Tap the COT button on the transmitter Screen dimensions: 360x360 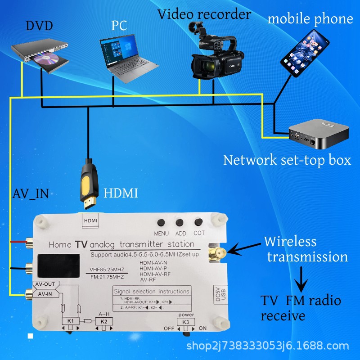(x=198, y=222)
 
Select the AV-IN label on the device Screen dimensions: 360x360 (x=45, y=294)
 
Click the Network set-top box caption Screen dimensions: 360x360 (x=287, y=160)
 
